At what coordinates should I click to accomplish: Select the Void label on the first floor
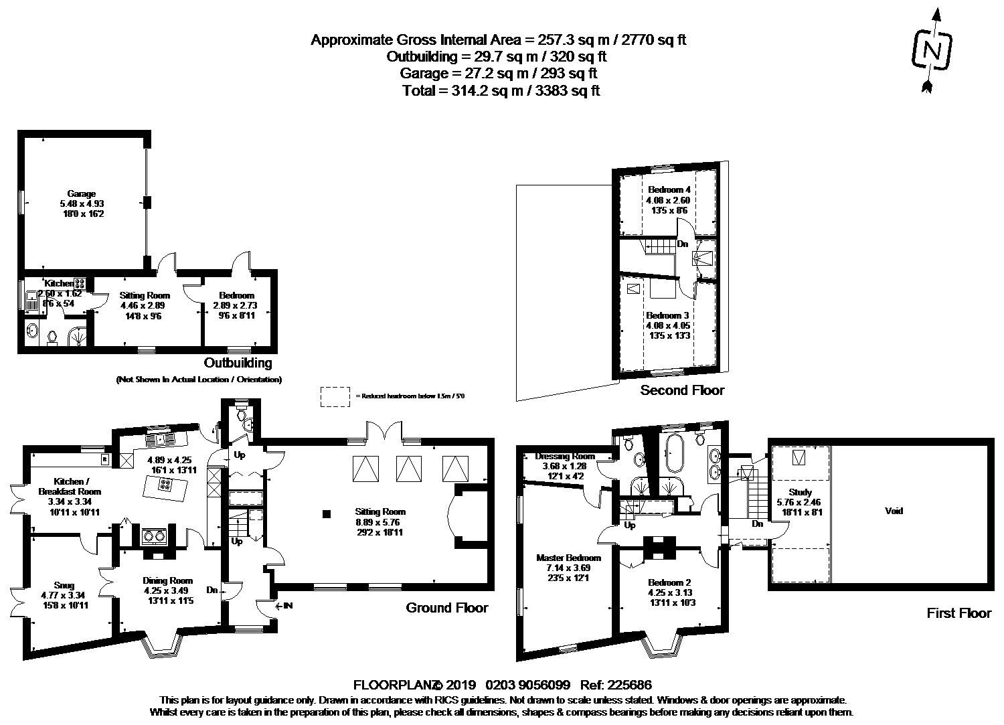[x=894, y=511]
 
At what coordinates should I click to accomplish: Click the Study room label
[x=800, y=492]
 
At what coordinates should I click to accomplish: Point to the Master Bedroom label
[x=568, y=558]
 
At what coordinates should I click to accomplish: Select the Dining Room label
[x=167, y=581]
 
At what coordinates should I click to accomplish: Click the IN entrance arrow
[x=284, y=607]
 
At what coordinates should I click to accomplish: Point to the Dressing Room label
[x=565, y=457]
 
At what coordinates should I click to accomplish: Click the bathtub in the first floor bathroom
[x=672, y=454]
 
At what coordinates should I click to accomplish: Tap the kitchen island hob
[x=163, y=487]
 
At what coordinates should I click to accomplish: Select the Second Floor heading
[x=682, y=390]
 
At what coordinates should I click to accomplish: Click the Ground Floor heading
[x=446, y=608]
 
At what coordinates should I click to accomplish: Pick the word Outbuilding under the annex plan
[x=238, y=364]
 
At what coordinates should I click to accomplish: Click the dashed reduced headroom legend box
[x=335, y=396]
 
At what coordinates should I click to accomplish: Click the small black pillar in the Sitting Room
[x=326, y=514]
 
